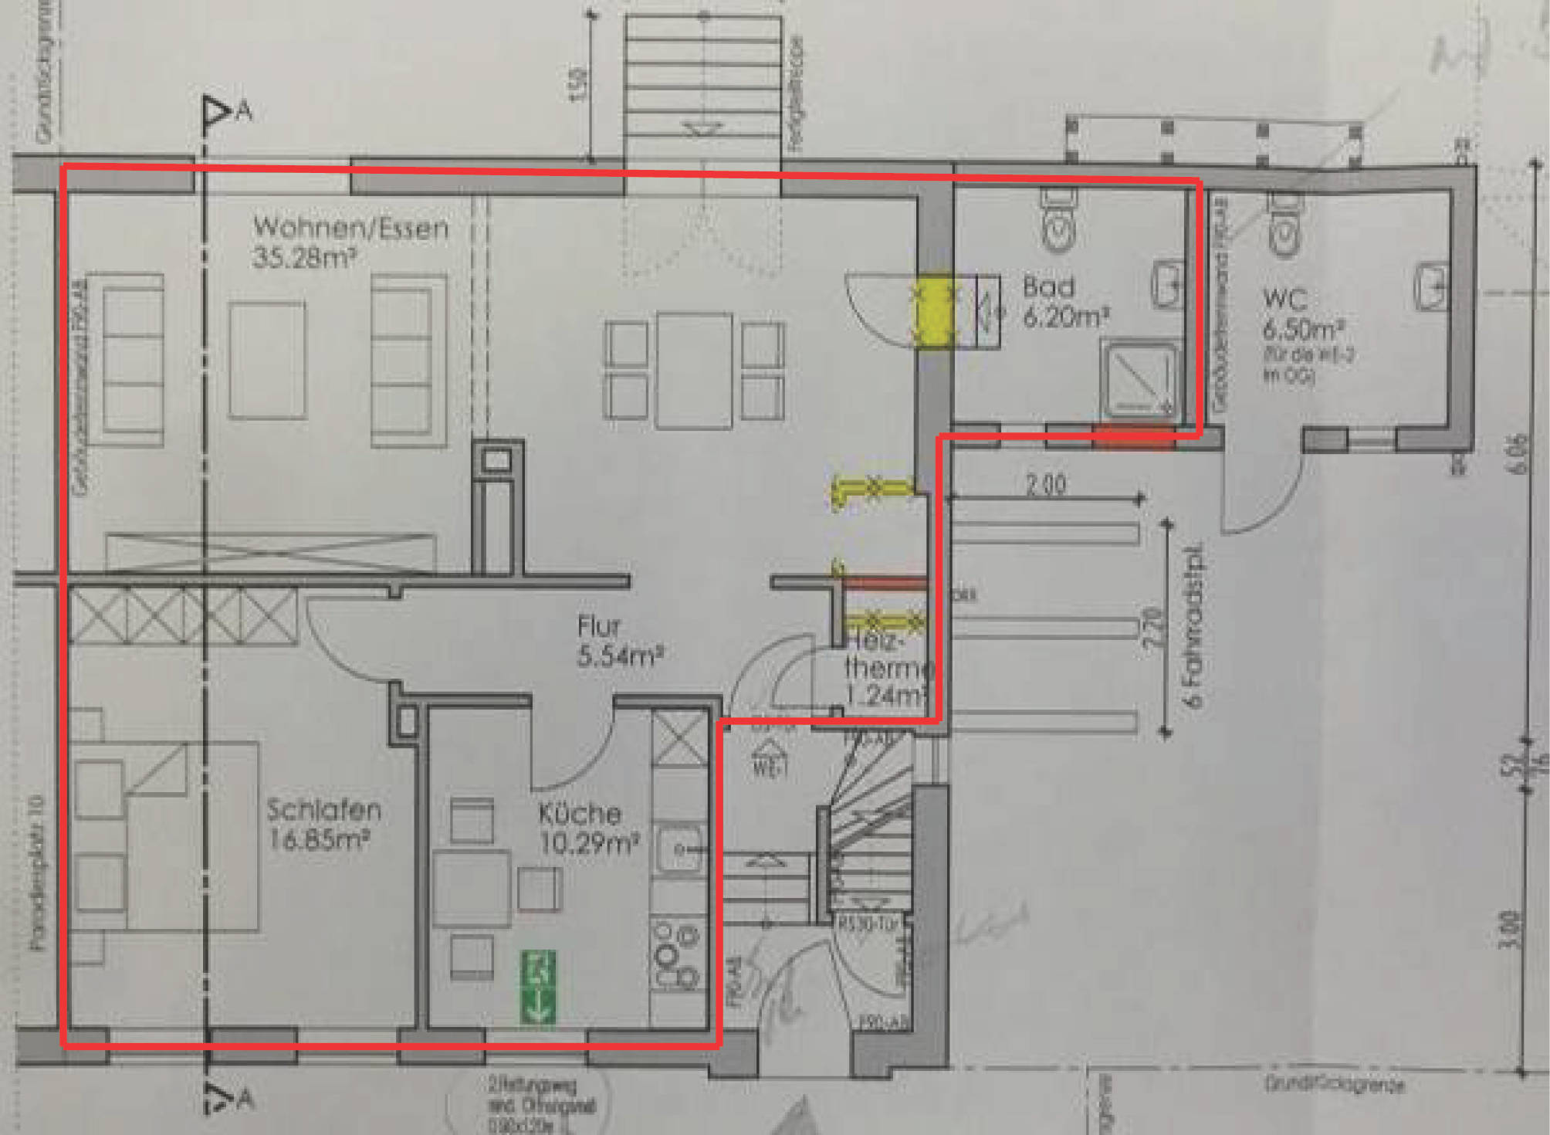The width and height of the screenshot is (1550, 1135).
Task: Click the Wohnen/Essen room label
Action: click(x=350, y=228)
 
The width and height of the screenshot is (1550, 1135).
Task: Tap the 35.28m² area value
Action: click(x=303, y=258)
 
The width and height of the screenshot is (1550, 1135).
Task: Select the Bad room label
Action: click(x=1048, y=287)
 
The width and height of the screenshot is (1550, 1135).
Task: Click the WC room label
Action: click(x=1284, y=299)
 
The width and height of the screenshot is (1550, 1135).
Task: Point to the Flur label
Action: click(x=598, y=626)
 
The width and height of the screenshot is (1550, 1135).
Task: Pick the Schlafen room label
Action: click(x=324, y=810)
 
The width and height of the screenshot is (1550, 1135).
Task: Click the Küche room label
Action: click(x=580, y=814)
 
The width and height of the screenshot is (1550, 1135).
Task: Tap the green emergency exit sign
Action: click(x=537, y=988)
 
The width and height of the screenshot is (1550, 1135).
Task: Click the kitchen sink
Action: click(x=679, y=850)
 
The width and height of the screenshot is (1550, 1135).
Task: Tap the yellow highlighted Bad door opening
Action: click(x=934, y=312)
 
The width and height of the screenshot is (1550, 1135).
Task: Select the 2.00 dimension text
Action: click(x=1046, y=484)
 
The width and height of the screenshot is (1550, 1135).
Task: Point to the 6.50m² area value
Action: click(x=1303, y=330)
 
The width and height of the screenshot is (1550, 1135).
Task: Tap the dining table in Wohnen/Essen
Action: click(x=694, y=370)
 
